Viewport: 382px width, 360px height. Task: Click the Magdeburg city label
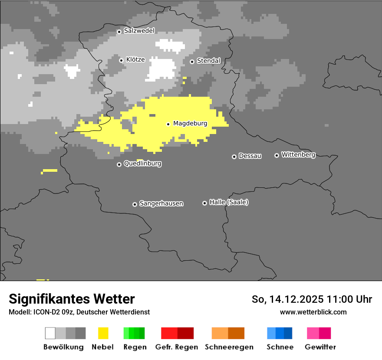[190, 124]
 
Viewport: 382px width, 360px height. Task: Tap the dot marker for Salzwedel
[119, 32]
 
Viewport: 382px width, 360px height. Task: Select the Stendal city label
[208, 61]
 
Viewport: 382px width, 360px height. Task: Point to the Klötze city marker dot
[122, 60]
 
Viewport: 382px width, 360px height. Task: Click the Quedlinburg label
[142, 164]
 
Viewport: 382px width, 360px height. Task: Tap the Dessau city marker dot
[234, 157]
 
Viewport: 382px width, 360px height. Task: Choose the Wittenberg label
[298, 154]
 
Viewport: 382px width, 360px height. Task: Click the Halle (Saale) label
[229, 202]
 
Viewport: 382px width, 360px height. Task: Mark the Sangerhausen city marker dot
[135, 204]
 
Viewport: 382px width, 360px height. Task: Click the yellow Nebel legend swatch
[103, 333]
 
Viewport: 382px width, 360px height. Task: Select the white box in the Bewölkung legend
[50, 333]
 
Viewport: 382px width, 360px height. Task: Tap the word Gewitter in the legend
[320, 347]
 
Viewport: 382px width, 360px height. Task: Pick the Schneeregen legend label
[229, 347]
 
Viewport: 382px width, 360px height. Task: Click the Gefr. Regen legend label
[177, 347]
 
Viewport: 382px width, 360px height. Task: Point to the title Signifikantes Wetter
[72, 299]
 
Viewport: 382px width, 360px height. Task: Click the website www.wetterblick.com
[313, 312]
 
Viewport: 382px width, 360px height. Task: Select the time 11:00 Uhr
[349, 299]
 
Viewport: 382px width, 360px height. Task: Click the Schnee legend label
[280, 347]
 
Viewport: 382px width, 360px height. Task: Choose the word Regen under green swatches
[135, 347]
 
